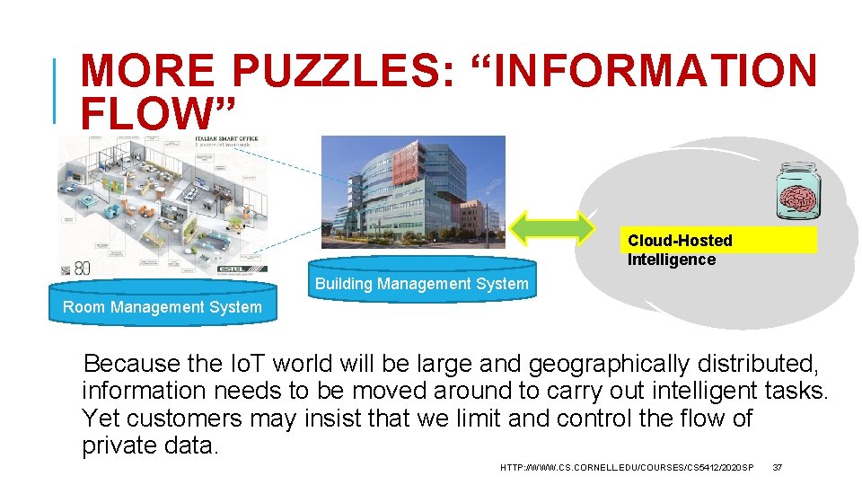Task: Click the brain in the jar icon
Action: click(x=797, y=192)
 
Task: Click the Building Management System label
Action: click(x=421, y=284)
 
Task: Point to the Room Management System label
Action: click(x=163, y=307)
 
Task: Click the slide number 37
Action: click(x=778, y=467)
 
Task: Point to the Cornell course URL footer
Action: click(x=627, y=467)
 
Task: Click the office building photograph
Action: click(x=413, y=190)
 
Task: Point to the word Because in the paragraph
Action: click(x=132, y=365)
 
